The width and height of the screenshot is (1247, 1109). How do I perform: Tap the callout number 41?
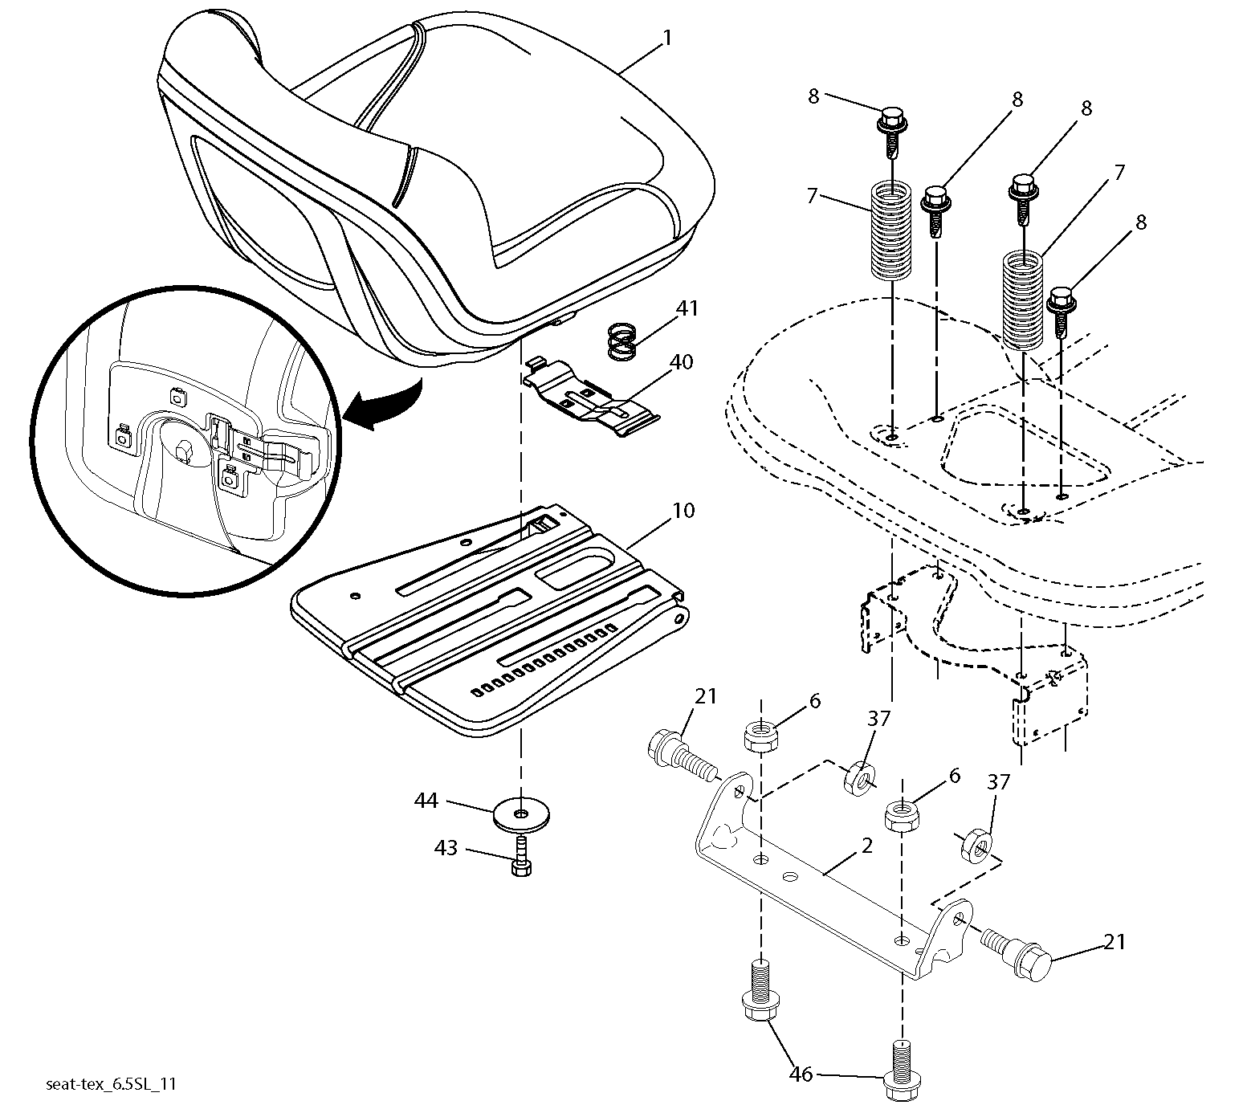click(x=687, y=308)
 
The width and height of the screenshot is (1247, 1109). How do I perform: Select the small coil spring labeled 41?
click(x=621, y=340)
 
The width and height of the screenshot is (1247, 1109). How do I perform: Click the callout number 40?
click(x=681, y=362)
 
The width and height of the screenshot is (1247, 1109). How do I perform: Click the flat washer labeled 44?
click(x=522, y=817)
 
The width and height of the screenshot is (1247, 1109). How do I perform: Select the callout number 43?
click(x=446, y=847)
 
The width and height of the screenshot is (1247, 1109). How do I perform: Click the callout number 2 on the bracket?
click(x=866, y=845)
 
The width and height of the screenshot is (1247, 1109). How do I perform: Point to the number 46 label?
click(x=802, y=1074)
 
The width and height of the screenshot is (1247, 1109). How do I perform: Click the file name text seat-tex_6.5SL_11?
click(x=111, y=1084)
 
